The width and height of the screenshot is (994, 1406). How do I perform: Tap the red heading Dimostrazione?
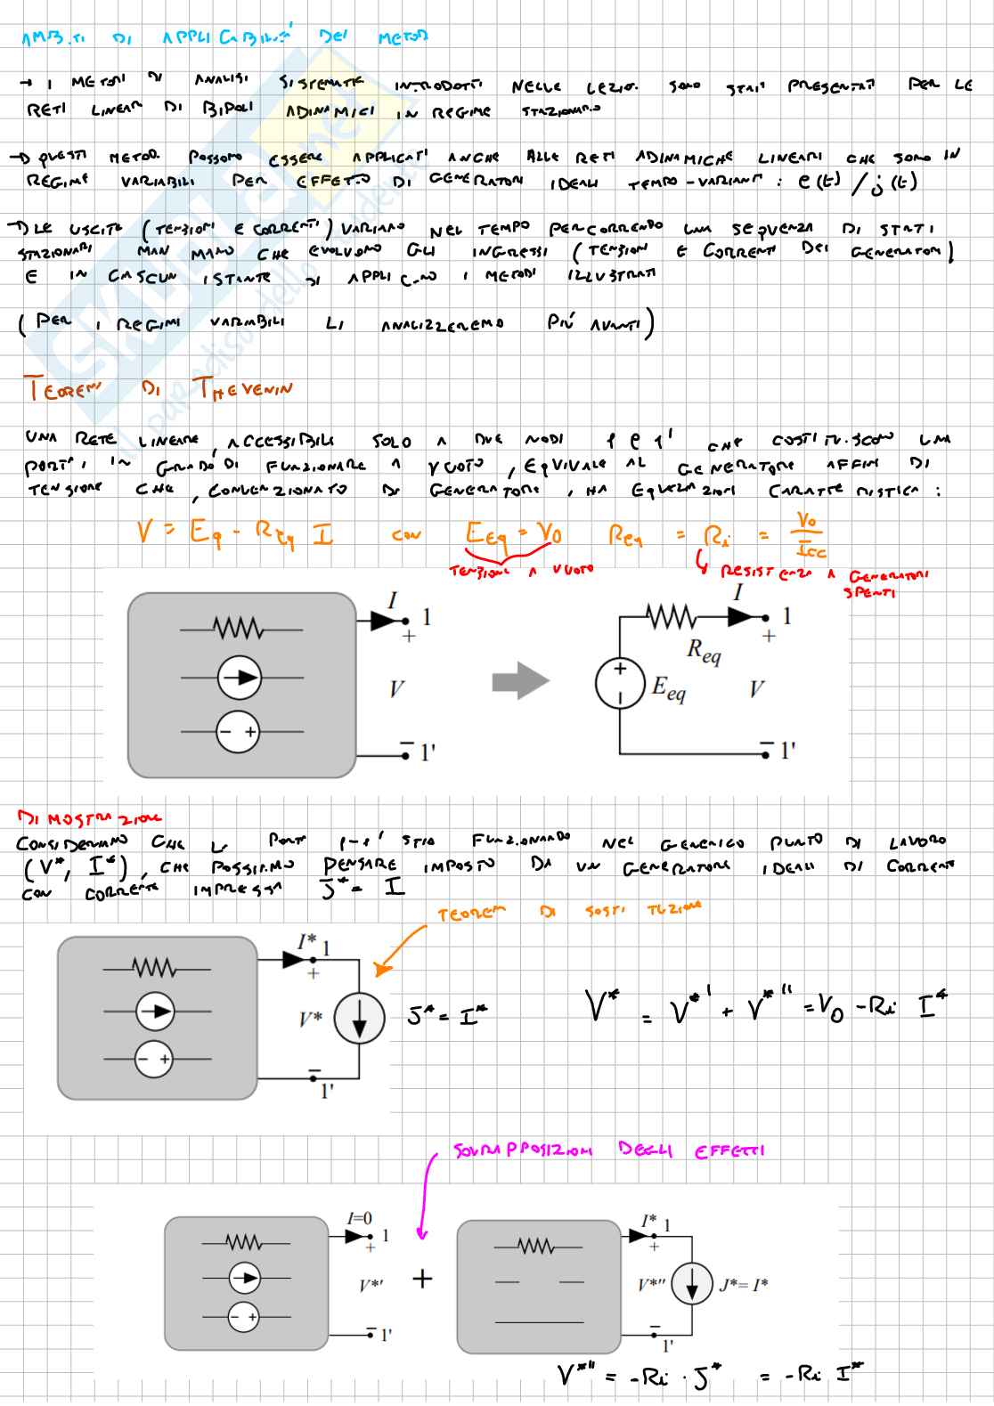coord(89,817)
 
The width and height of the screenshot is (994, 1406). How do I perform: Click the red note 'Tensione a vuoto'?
coord(521,571)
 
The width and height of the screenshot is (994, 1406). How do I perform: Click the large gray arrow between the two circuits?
coord(520,682)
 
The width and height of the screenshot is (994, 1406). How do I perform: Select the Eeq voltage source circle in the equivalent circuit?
coord(619,684)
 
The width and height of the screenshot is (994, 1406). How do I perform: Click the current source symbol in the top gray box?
coord(239,679)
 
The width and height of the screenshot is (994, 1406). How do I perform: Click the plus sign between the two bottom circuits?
coord(422,1279)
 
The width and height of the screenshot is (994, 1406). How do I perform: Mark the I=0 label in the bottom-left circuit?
coord(360,1218)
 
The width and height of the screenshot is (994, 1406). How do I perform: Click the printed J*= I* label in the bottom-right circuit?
coord(743,1284)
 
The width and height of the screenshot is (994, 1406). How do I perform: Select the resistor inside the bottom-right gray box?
coord(536,1247)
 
